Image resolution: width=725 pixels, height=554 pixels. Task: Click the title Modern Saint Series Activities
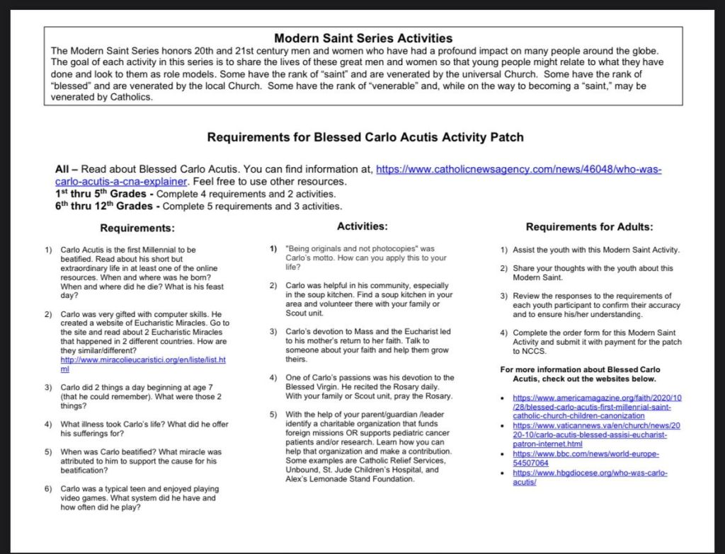[x=362, y=38]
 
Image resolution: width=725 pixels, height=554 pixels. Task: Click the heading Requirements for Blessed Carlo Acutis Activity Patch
[x=365, y=137]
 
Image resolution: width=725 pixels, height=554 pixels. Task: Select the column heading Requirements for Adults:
[x=589, y=227]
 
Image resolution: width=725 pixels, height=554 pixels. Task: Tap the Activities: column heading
[x=362, y=226]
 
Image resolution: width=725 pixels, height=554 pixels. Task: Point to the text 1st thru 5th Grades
[x=104, y=194]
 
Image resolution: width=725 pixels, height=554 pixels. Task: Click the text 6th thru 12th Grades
[x=107, y=207]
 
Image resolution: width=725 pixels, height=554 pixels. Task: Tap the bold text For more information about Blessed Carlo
[x=580, y=369]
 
